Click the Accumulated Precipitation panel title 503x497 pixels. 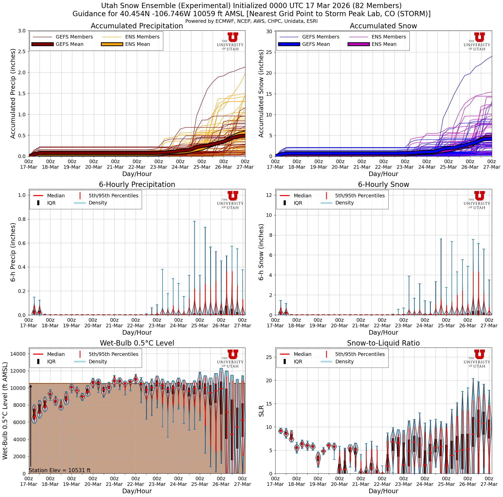tap(137, 26)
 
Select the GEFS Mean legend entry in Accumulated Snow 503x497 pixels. tap(316, 44)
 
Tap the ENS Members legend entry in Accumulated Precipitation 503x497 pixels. tap(142, 37)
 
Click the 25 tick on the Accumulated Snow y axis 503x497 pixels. tap(269, 52)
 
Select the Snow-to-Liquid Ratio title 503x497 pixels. tap(383, 343)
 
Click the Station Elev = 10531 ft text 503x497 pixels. tap(60, 470)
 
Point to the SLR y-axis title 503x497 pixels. tap(261, 411)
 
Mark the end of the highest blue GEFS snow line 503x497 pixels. tap(492, 56)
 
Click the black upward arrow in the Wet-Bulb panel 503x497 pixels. tap(31, 427)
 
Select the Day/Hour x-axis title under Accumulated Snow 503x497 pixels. tap(383, 174)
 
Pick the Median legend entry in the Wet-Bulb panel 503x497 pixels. tap(56, 354)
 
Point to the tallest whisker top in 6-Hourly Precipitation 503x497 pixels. tap(194, 221)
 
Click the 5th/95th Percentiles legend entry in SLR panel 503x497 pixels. tap(360, 354)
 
